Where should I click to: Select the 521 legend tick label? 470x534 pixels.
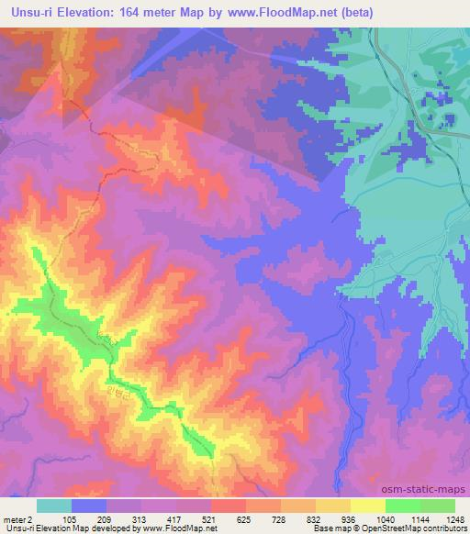[209, 518]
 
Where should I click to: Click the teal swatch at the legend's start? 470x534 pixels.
[54, 506]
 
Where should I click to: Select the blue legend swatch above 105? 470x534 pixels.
[89, 506]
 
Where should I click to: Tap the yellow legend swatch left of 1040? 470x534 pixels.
[367, 506]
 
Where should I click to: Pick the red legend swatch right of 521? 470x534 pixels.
[228, 506]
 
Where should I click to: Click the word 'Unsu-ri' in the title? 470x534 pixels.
[28, 12]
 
